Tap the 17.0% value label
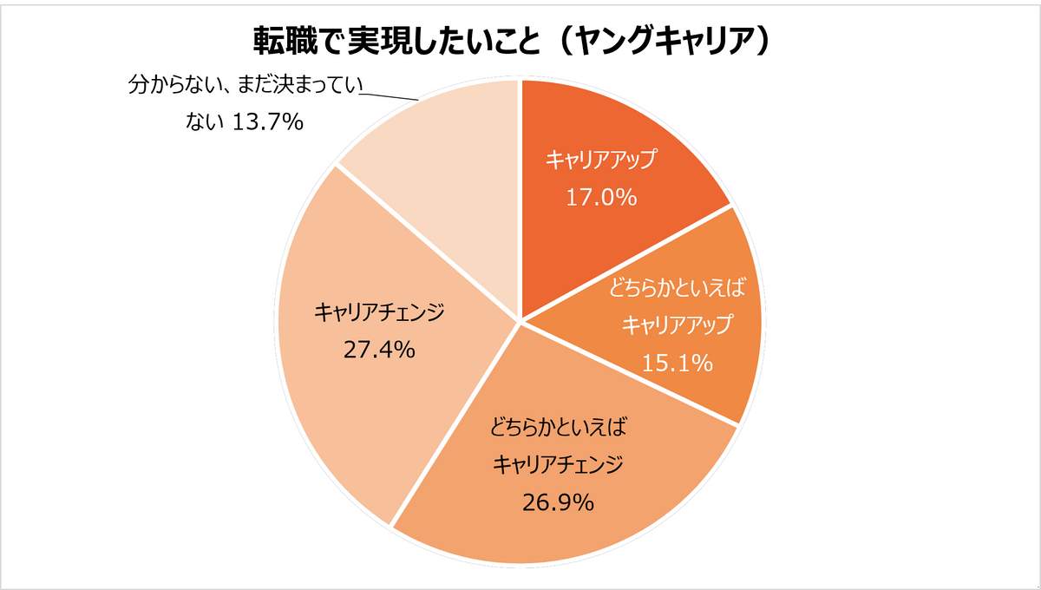[x=601, y=198]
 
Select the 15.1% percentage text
[x=678, y=362]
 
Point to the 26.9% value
[x=558, y=501]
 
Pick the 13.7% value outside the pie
[x=268, y=122]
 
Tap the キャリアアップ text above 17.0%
[x=601, y=160]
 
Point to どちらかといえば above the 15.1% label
[x=678, y=287]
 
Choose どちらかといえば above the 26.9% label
[x=558, y=427]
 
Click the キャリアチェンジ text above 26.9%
[x=558, y=465]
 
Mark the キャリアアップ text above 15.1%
[x=678, y=324]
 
